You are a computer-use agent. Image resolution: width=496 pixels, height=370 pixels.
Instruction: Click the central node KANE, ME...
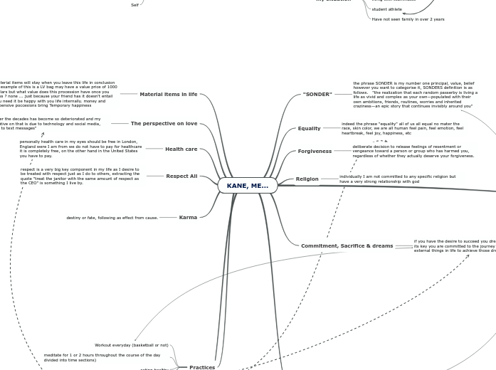247,186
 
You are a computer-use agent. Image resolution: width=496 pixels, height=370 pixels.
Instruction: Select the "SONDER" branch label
317,95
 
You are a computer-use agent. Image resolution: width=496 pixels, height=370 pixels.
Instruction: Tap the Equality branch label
309,129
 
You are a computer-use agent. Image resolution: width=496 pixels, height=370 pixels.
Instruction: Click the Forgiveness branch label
315,152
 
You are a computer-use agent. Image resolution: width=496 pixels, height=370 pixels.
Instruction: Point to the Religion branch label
307,179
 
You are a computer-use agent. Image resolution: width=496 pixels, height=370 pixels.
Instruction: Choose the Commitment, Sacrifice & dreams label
347,246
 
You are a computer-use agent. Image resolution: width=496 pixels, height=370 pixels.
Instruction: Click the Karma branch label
188,218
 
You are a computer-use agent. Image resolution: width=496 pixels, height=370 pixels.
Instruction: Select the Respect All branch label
181,176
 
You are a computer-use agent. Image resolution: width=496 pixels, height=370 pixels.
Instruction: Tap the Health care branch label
181,149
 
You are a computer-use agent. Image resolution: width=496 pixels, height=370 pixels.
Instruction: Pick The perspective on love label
164,124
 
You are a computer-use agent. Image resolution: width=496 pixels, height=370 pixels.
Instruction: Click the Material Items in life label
168,95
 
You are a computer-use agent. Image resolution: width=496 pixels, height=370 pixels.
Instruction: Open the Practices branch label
202,367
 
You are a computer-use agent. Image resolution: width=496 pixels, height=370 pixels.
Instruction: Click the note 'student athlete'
386,9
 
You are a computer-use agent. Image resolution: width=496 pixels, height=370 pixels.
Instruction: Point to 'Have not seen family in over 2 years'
408,19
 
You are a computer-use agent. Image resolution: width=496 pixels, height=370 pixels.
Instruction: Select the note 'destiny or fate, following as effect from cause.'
112,218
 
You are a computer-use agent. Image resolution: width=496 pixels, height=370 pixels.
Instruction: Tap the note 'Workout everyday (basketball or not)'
132,345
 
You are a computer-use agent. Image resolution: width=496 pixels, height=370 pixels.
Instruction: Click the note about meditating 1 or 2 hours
102,357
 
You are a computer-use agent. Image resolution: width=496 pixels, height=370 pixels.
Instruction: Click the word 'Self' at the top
134,5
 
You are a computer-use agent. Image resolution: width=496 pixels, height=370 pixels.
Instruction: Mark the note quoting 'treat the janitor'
80,176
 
